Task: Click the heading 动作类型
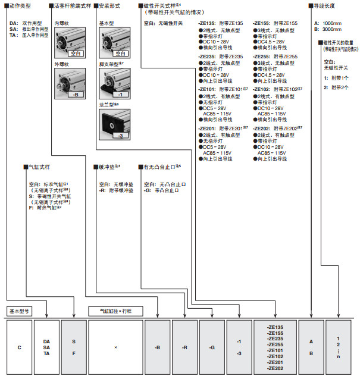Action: coord(20,5)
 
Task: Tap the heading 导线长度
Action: coord(326,5)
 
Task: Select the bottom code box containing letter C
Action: coord(18,347)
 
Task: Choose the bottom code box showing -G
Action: coord(212,347)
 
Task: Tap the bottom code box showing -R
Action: coord(184,347)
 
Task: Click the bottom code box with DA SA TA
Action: coord(46,347)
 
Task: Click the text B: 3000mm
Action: coord(329,29)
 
